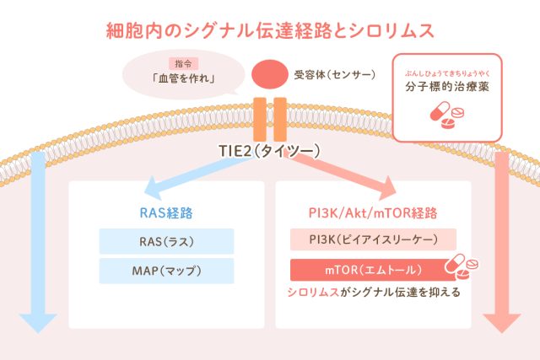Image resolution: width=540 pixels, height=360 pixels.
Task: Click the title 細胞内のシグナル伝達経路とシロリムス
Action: tap(270, 32)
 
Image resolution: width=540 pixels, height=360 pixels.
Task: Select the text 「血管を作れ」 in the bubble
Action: tap(181, 80)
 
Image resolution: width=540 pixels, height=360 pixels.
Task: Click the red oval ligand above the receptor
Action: tap(270, 74)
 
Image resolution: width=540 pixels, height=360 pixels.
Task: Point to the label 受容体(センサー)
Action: tap(335, 73)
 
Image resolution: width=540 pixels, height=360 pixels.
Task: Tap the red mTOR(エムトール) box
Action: tap(367, 271)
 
